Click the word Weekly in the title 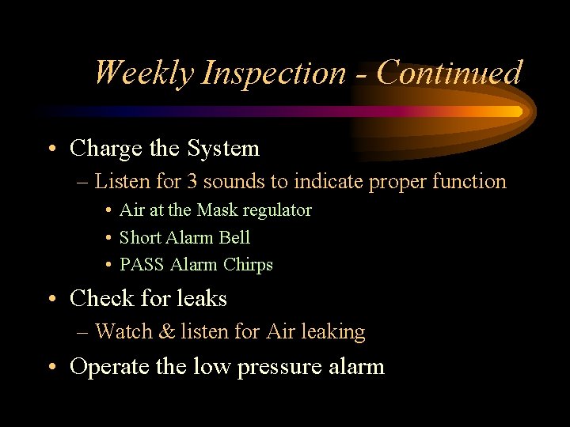143,74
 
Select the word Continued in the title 450,73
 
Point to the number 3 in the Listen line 192,182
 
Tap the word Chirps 248,265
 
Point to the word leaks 203,299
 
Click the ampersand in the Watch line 168,332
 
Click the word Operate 103,367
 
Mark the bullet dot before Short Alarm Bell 107,238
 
